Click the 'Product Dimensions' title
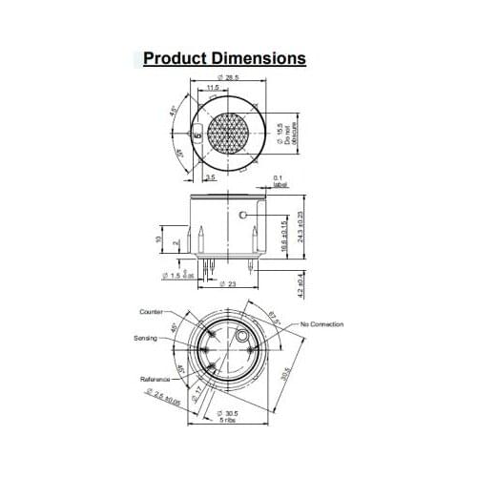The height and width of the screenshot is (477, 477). [225, 58]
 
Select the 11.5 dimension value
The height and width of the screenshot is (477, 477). [215, 90]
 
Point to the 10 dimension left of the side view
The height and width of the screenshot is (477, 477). [158, 238]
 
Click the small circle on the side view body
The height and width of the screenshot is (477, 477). [243, 215]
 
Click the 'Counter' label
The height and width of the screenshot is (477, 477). [152, 311]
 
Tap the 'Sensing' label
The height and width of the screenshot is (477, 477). [146, 338]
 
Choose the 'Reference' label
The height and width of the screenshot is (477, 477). [155, 380]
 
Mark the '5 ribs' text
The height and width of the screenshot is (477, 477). [225, 421]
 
